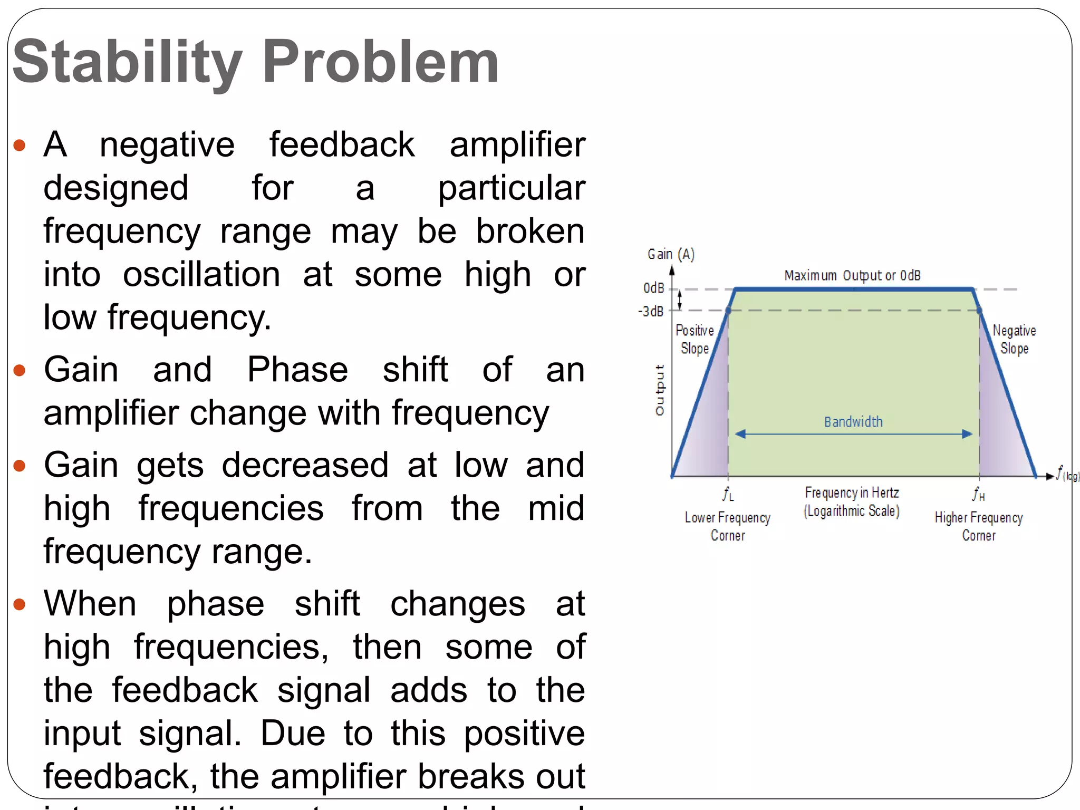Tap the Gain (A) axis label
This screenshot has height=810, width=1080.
(671, 254)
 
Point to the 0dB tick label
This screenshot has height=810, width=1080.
(653, 288)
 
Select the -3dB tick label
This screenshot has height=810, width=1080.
(651, 311)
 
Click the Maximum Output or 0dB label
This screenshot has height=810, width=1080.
(852, 275)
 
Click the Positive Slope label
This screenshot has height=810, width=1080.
(695, 339)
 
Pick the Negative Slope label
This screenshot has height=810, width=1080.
(1014, 339)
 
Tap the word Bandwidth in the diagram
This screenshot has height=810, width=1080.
(853, 422)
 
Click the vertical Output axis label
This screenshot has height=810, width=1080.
(660, 390)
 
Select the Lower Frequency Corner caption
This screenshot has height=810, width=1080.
(727, 526)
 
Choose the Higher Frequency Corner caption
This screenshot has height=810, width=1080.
(979, 526)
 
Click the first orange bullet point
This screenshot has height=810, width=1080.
(20, 145)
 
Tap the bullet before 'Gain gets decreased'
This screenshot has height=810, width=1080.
(20, 466)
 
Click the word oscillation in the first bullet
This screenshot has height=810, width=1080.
(201, 275)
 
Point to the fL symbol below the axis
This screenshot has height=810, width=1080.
(728, 494)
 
